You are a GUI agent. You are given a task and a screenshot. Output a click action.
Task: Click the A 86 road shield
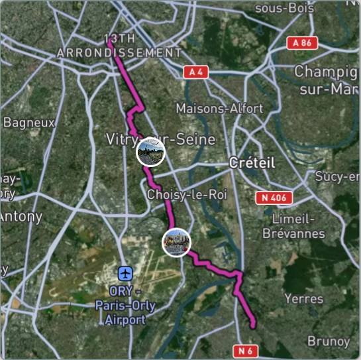point(302,43)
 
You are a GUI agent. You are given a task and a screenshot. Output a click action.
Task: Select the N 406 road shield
point(274,198)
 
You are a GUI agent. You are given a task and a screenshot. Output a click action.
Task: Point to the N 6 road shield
point(246,349)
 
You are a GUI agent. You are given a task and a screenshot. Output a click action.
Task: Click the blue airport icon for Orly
point(125,273)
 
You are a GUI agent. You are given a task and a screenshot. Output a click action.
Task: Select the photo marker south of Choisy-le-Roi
point(176,242)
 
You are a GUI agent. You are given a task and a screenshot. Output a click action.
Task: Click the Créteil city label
point(251,162)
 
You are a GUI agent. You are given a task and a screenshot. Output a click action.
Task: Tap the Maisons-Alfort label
point(219,107)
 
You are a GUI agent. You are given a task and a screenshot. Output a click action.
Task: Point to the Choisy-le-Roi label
point(178,195)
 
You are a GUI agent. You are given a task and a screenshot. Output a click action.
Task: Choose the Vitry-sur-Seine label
point(160,139)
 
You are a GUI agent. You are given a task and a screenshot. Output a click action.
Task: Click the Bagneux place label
point(29,122)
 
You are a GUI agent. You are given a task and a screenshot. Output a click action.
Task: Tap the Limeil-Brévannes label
point(298,226)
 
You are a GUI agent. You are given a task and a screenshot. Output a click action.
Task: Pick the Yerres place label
point(303,299)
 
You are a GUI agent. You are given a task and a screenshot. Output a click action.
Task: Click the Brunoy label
point(329,341)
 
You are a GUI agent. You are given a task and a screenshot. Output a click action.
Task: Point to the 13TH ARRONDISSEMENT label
point(119,45)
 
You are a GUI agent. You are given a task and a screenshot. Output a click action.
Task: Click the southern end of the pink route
point(254,325)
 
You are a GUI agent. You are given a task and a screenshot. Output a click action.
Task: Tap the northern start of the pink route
point(109,41)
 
